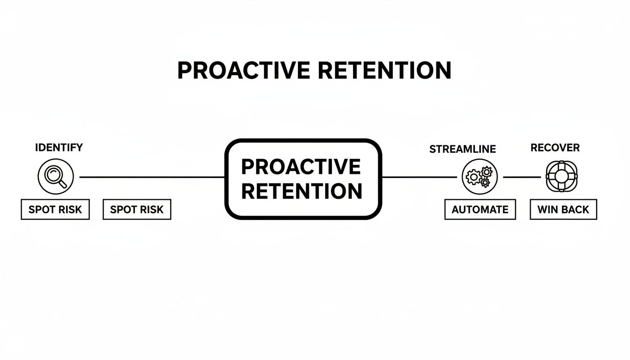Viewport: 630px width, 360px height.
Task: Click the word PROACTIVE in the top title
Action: click(x=243, y=70)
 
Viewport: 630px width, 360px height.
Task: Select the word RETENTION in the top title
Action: click(x=384, y=70)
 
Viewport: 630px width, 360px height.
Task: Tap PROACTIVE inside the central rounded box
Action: click(x=301, y=167)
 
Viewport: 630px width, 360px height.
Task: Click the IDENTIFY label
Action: click(x=59, y=148)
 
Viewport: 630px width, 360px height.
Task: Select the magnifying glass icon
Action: click(x=55, y=177)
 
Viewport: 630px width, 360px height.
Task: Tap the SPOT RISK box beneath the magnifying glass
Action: click(x=55, y=210)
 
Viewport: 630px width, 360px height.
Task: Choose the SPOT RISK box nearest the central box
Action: click(x=137, y=210)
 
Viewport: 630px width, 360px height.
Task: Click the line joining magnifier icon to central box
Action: click(x=150, y=177)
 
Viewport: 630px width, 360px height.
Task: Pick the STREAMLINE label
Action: click(x=462, y=149)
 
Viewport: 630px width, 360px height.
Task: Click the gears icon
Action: click(x=479, y=177)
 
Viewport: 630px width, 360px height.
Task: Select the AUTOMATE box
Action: click(x=480, y=210)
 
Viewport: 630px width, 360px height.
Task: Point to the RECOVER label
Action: click(x=555, y=148)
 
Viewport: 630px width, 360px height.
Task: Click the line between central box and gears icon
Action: click(x=420, y=177)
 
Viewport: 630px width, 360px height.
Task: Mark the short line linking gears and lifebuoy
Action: click(x=521, y=177)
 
